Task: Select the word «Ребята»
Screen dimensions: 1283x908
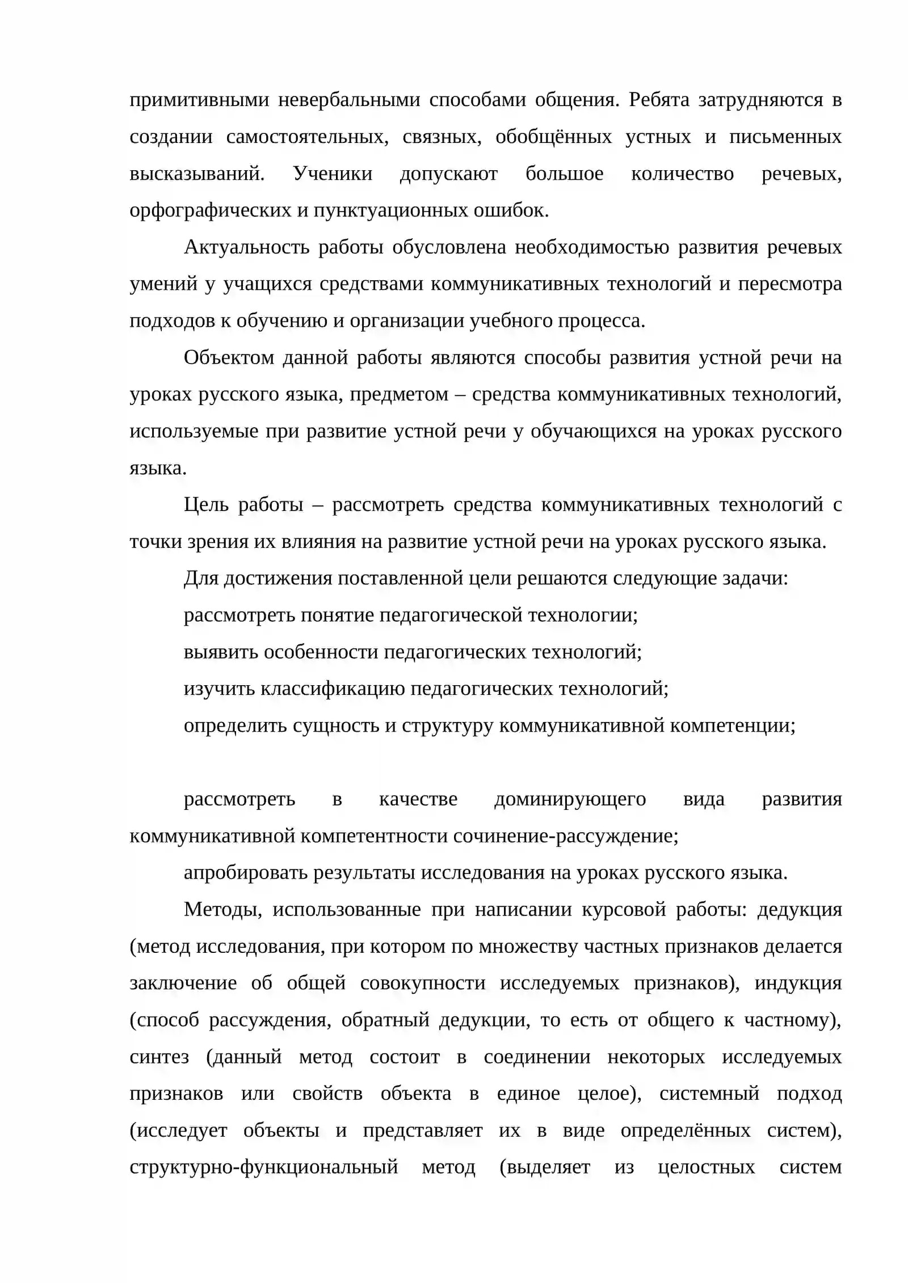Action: [x=659, y=100]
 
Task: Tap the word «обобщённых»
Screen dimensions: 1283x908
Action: [x=553, y=137]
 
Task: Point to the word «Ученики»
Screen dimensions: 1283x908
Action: [x=333, y=174]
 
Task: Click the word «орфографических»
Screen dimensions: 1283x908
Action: [x=211, y=211]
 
